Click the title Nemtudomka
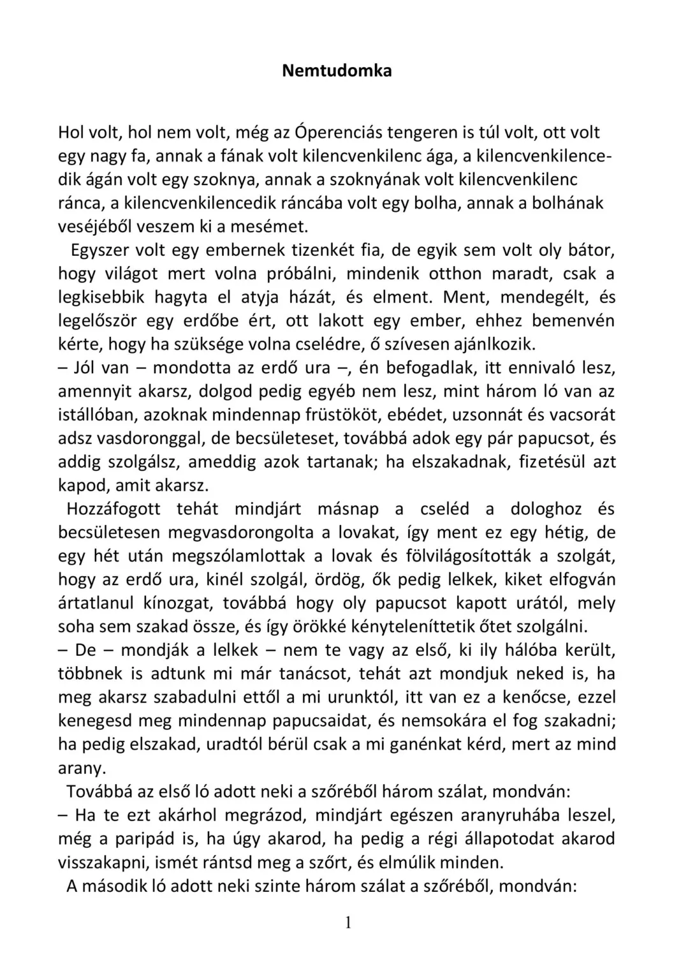click(337, 70)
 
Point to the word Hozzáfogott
click(114, 509)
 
